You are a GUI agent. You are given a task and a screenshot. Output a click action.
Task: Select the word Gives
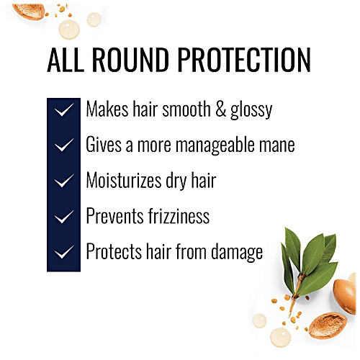click(104, 145)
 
